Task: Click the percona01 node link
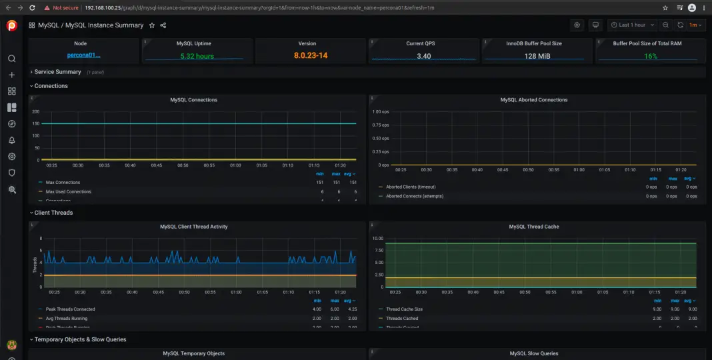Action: point(83,56)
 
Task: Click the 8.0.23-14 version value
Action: point(311,56)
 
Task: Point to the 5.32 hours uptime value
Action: point(197,56)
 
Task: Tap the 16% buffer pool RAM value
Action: point(650,56)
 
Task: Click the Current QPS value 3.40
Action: point(423,56)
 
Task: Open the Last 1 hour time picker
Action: point(631,25)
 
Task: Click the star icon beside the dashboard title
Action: point(152,25)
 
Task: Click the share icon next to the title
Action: point(163,25)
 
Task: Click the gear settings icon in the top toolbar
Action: point(577,25)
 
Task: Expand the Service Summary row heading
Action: point(57,72)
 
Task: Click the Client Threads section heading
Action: point(53,213)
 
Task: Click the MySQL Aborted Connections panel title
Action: point(534,100)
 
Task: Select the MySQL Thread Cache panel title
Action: point(534,227)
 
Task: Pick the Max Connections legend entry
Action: point(63,183)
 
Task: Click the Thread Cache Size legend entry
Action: point(404,309)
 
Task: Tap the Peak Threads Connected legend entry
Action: point(70,309)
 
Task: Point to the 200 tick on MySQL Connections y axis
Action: point(35,111)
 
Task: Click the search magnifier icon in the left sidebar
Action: point(11,59)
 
